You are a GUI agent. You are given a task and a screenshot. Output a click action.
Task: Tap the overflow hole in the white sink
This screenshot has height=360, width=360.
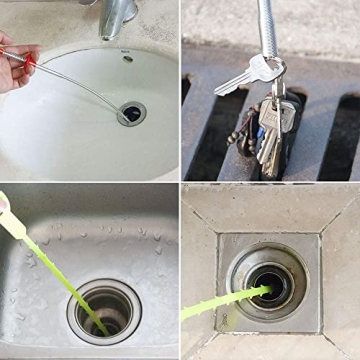pos(127,58)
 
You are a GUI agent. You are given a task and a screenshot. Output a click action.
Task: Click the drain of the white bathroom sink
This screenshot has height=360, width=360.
pos(131,113)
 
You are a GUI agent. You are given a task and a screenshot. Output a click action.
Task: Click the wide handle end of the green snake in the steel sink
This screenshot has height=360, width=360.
pos(5,204)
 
